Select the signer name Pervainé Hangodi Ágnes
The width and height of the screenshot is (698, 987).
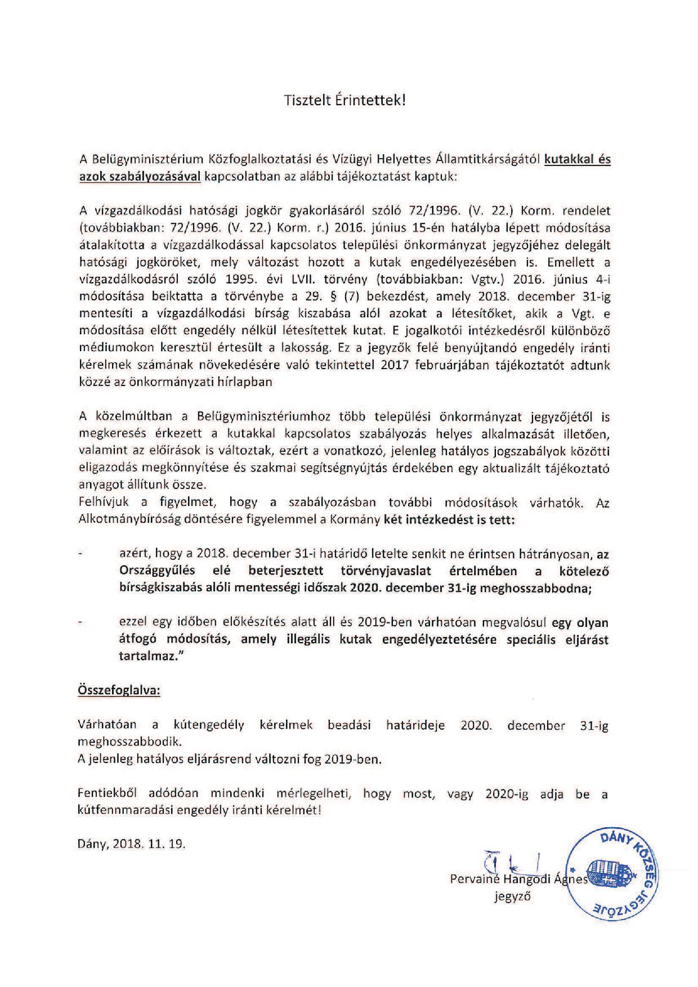(x=518, y=879)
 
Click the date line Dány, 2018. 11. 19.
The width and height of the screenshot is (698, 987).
(x=132, y=844)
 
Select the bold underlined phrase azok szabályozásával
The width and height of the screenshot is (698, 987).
(x=140, y=176)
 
